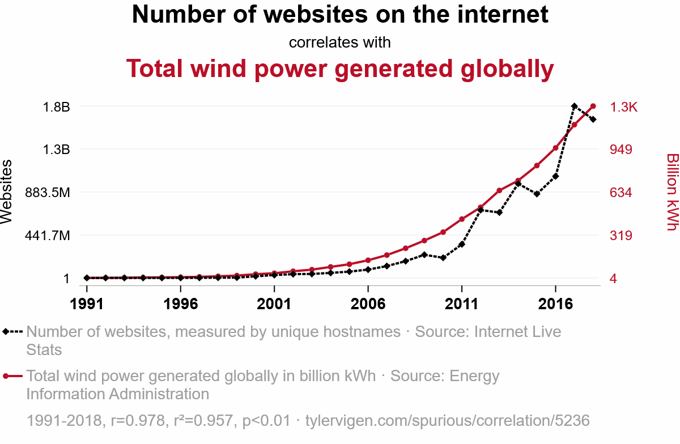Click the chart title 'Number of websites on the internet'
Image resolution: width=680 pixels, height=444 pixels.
pos(340,14)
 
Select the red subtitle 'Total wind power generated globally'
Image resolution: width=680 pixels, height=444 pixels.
pos(340,69)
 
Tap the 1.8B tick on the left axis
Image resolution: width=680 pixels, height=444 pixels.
pos(57,107)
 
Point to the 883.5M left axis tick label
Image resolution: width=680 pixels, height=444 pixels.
pos(48,193)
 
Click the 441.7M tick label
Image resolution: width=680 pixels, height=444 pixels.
pos(48,236)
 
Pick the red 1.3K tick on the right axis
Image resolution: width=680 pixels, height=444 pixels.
pos(624,107)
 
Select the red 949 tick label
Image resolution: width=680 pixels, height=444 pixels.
pos(621,150)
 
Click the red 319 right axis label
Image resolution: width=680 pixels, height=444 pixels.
pos(621,236)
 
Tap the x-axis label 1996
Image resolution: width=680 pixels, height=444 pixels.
pos(181,304)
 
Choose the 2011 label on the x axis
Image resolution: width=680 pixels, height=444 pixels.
pos(461,304)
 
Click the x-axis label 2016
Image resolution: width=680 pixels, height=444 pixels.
pos(555,304)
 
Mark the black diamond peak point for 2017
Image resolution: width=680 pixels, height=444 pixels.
pos(574,106)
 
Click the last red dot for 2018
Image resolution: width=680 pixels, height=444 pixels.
pos(593,106)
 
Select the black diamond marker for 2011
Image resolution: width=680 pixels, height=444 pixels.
pos(462,244)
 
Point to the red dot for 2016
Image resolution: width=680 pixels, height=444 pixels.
pos(555,148)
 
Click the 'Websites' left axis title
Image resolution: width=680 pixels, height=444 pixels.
pos(6,192)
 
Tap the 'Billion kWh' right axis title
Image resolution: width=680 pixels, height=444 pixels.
pos(673,192)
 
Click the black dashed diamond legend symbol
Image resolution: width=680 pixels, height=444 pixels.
pos(12,331)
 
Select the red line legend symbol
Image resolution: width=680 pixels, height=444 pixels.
pos(12,376)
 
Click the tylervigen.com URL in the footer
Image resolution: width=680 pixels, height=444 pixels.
pos(448,421)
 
